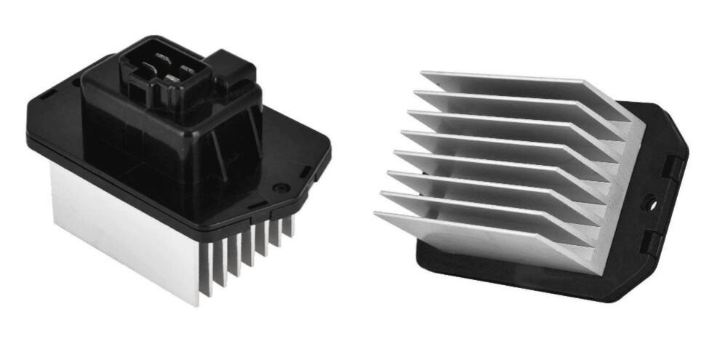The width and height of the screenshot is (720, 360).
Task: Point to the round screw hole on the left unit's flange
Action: coord(278,188)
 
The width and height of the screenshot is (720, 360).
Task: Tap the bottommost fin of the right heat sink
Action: coord(480,233)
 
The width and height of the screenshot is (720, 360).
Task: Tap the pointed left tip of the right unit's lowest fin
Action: coord(377,214)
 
